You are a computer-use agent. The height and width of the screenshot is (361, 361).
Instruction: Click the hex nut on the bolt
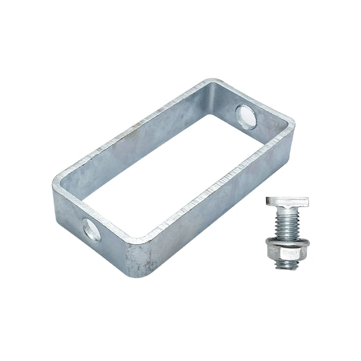coord(285,251)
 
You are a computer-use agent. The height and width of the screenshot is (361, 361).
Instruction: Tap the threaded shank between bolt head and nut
coord(285,223)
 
